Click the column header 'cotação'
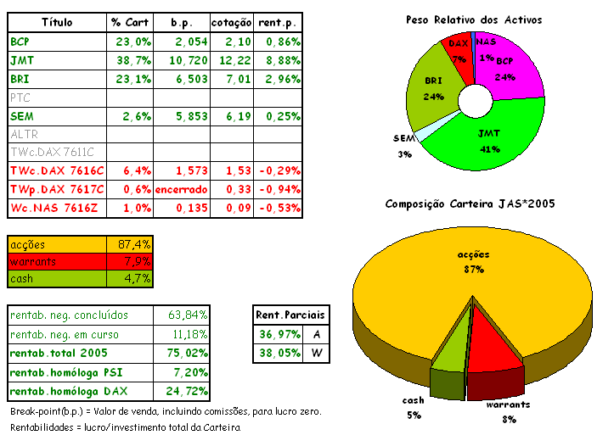(231, 20)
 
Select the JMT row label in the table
(21, 60)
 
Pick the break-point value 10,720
(181, 60)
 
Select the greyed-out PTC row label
(20, 98)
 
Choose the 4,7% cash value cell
(130, 278)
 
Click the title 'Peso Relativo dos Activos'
(474, 20)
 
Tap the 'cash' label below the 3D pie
(414, 401)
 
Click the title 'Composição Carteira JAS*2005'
(470, 204)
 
